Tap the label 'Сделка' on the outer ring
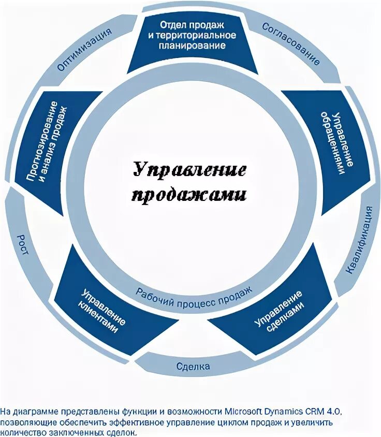[x=193, y=367]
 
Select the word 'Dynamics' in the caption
[x=288, y=412]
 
